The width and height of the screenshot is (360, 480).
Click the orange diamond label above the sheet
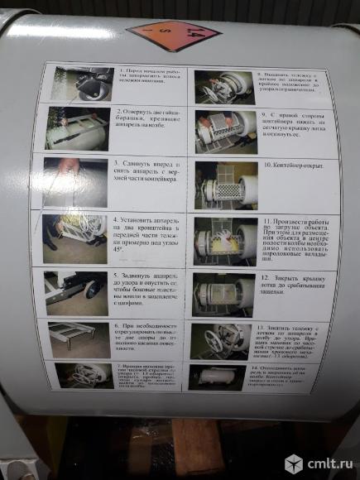pos(174,35)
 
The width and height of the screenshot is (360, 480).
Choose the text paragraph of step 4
pos(146,232)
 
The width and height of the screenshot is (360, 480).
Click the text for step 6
pos(144,335)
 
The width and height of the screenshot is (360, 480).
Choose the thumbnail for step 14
pos(217,376)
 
